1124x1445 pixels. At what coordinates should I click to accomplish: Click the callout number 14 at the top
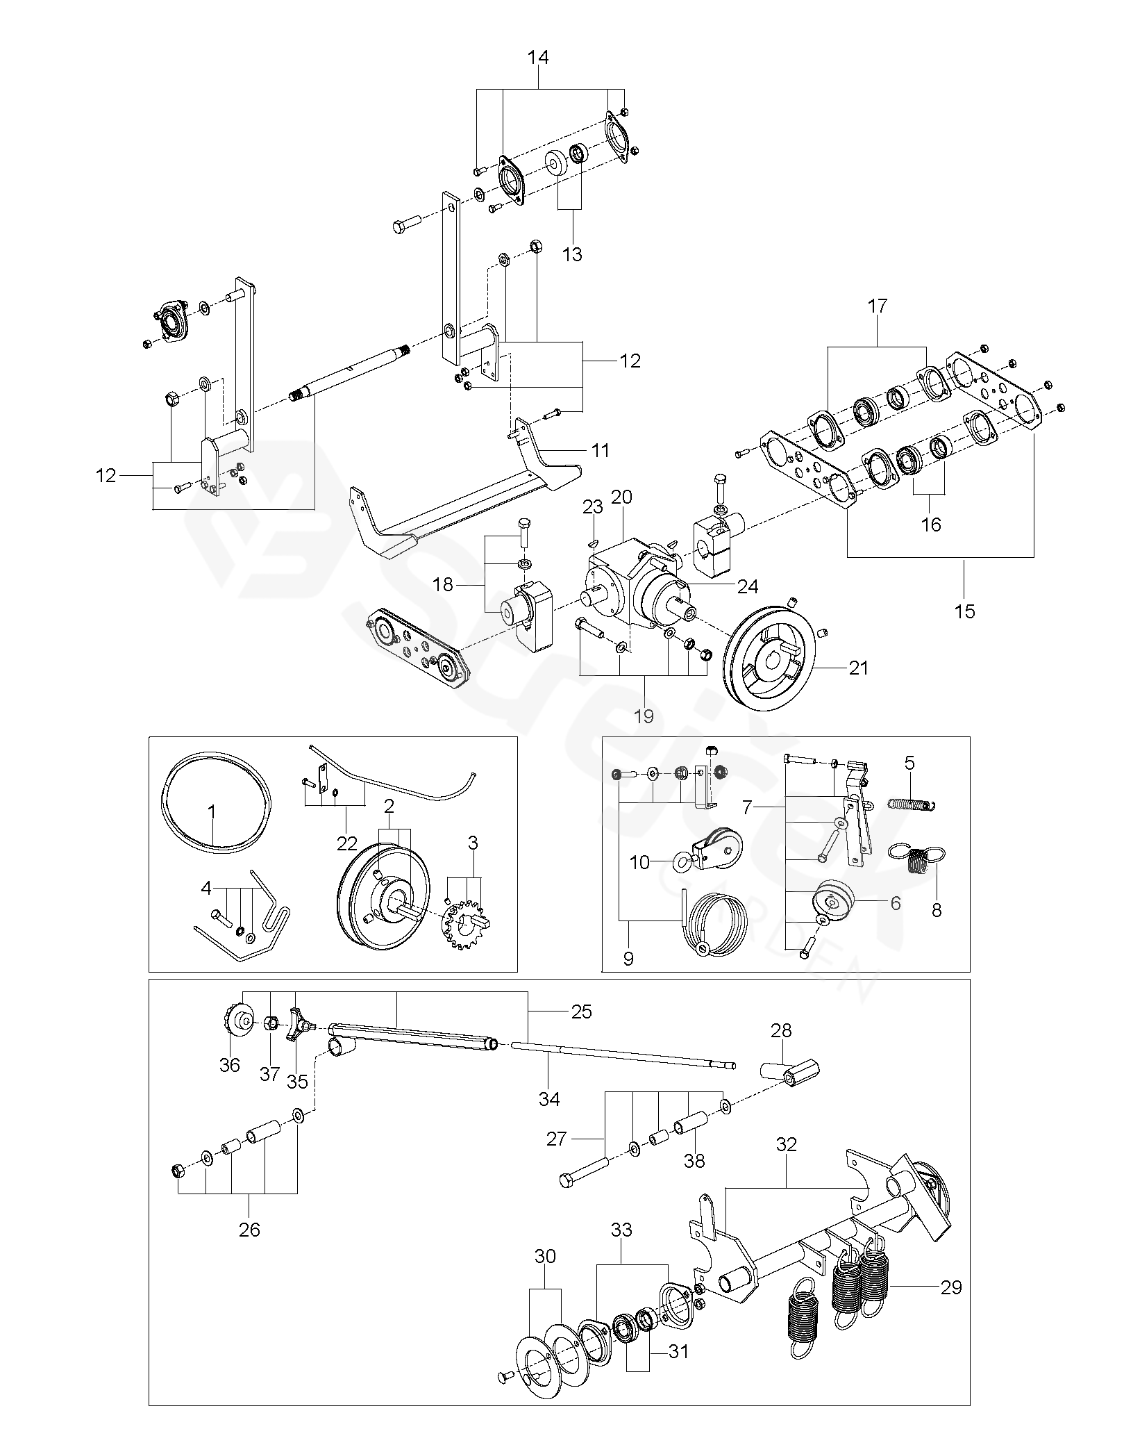tap(538, 58)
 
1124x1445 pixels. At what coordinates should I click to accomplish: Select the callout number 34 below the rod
tap(548, 1098)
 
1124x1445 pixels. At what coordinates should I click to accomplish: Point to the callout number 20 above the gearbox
tap(621, 497)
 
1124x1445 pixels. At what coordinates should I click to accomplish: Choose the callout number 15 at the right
tap(965, 611)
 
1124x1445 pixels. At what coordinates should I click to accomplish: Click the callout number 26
tap(249, 1230)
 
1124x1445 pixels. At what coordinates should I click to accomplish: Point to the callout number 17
tap(877, 306)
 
